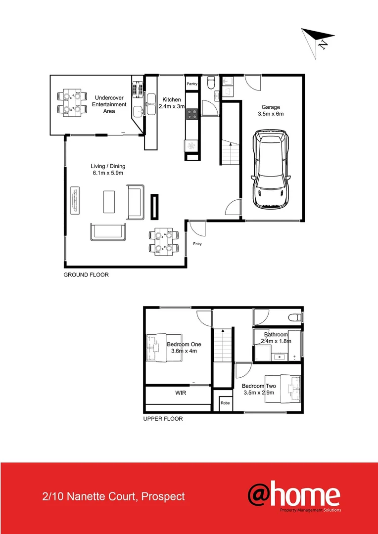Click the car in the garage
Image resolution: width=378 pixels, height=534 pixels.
[271, 169]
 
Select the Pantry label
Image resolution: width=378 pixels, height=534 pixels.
[192, 84]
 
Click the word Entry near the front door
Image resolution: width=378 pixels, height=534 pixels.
[197, 244]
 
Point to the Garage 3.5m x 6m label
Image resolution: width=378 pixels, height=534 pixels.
[271, 110]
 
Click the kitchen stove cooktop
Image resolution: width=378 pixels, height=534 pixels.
[192, 114]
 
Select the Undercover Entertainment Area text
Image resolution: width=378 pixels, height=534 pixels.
[109, 104]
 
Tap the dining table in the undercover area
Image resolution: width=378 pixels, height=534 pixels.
[70, 102]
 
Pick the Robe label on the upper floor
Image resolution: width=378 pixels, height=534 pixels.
[225, 403]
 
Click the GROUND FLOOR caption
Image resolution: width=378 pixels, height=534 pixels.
[86, 275]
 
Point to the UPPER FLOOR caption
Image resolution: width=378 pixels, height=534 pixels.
[163, 419]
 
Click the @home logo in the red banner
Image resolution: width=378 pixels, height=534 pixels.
[294, 496]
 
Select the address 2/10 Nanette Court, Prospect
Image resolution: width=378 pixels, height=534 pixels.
[114, 496]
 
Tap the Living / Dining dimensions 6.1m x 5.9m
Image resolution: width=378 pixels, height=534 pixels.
[107, 174]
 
